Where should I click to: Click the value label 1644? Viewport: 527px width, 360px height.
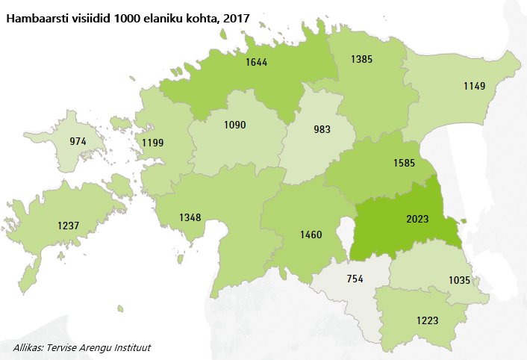[257, 63]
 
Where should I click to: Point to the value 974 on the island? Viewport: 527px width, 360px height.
[78, 141]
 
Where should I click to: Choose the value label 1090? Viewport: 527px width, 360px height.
[234, 125]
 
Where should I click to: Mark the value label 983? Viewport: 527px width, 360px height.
[322, 129]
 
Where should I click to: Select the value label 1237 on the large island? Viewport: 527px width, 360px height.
[69, 226]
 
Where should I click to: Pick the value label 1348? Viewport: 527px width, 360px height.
[190, 217]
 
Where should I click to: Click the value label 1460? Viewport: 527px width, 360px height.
[311, 235]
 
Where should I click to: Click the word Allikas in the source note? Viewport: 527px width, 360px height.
[30, 347]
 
